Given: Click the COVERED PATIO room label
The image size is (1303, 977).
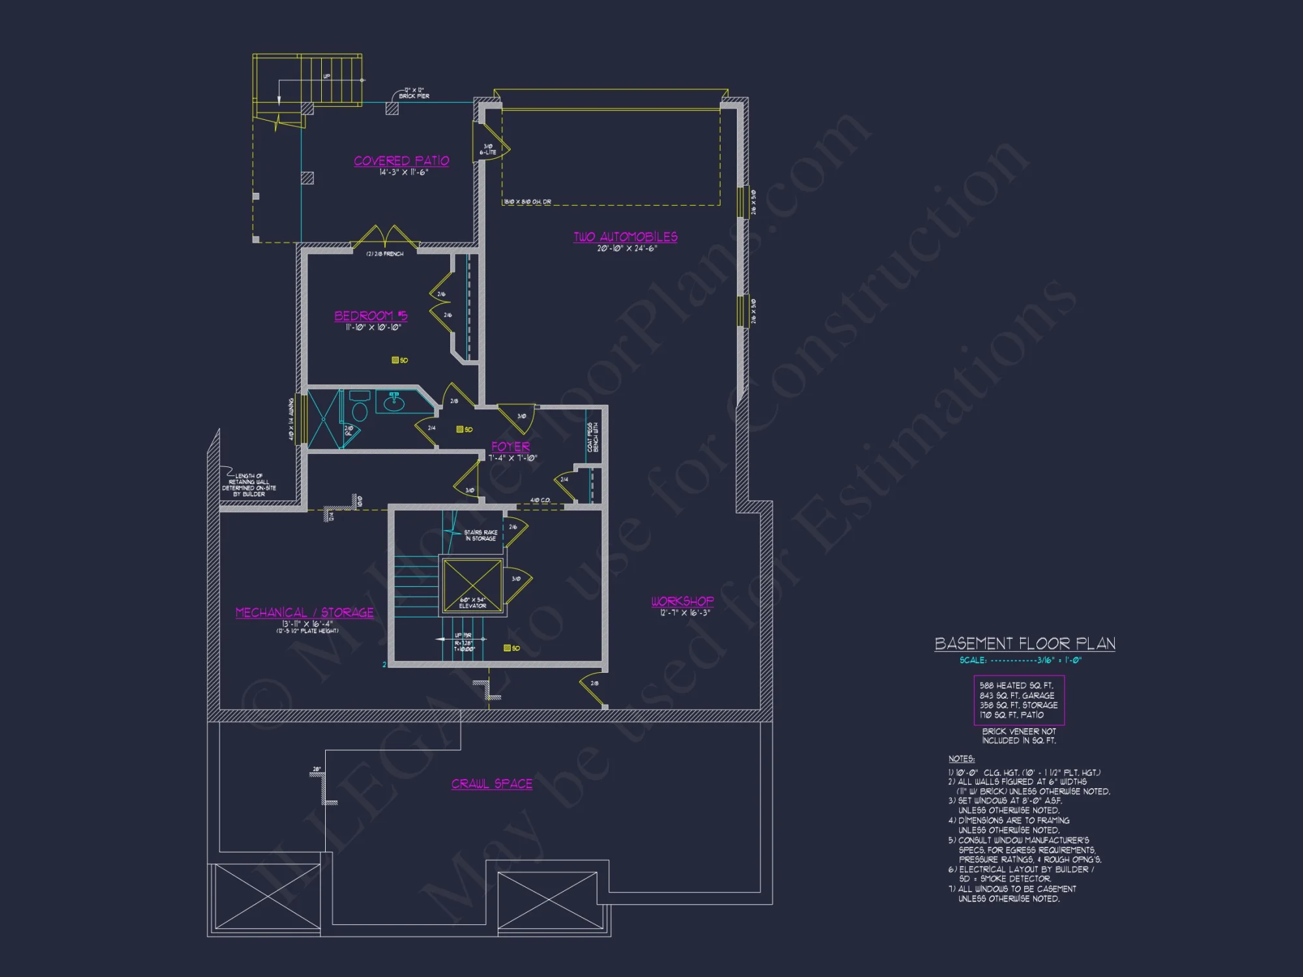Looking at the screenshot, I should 401,161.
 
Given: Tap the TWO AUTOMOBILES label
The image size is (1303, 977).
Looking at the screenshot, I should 625,237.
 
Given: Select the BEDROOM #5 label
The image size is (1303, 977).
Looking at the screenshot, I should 371,316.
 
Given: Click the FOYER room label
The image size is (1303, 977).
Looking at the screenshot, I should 511,447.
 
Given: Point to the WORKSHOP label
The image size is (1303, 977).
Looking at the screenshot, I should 682,601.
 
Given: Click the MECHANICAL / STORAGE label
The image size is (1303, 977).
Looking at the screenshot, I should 304,612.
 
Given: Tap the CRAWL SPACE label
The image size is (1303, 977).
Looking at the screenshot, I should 492,784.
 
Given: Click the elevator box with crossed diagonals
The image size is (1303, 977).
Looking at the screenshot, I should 472,584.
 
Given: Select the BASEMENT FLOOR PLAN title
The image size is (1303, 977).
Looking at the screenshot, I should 1025,644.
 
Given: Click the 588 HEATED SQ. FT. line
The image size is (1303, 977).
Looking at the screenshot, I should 1016,685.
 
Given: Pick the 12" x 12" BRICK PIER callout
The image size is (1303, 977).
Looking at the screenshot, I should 414,93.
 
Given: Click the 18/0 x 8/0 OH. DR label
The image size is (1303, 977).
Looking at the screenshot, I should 527,202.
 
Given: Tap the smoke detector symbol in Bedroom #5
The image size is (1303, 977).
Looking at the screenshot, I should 395,360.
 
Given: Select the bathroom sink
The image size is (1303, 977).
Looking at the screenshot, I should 394,403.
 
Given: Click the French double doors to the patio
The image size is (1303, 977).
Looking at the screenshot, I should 386,238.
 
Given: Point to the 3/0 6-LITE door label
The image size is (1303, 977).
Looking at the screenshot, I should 488,149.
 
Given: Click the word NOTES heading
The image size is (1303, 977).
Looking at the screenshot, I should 962,759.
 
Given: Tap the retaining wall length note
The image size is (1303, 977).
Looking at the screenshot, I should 249,485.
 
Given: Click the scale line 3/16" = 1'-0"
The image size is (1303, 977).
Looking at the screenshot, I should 1020,660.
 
